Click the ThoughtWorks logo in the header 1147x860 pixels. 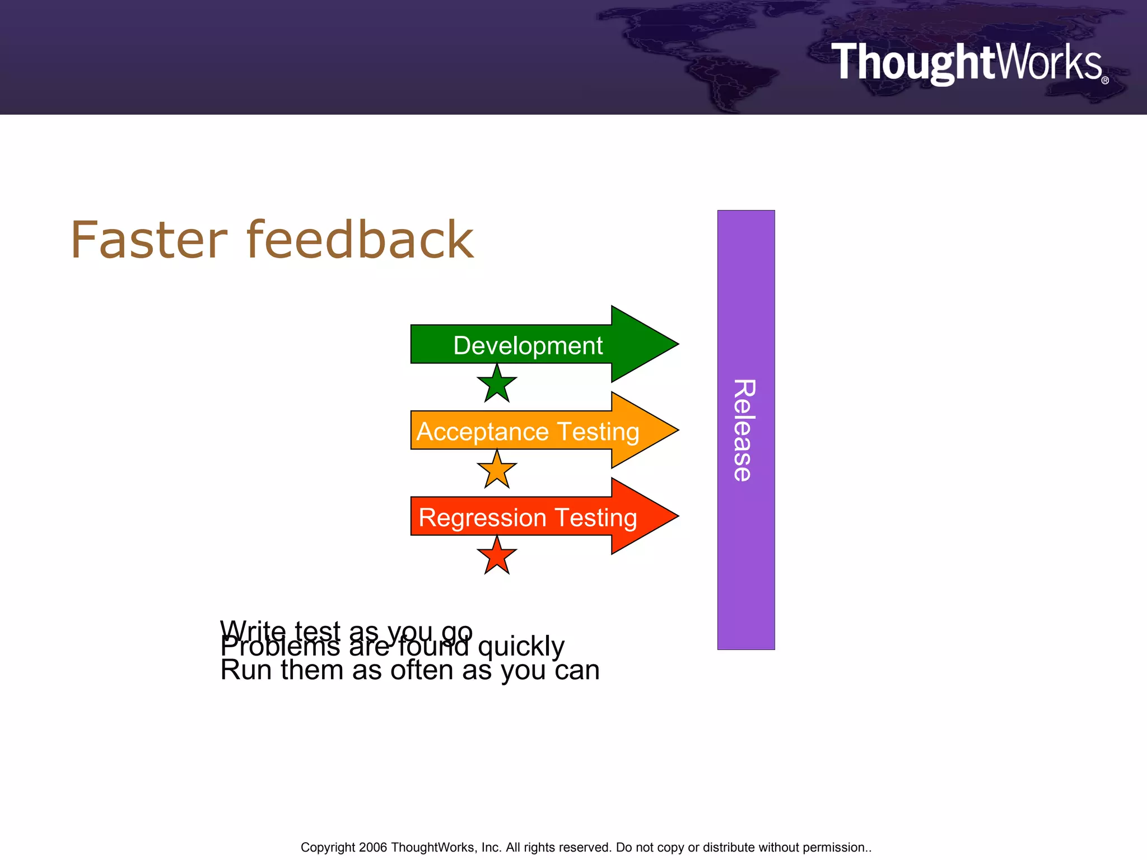pyautogui.click(x=967, y=63)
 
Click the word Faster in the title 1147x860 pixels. pyautogui.click(x=149, y=241)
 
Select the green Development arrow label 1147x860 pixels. pyautogui.click(x=528, y=345)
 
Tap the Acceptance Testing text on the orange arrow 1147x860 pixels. pyautogui.click(x=528, y=432)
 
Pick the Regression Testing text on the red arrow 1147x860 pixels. pyautogui.click(x=528, y=517)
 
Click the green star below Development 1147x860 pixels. pyautogui.click(x=497, y=385)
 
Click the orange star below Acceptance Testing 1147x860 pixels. pyautogui.click(x=497, y=470)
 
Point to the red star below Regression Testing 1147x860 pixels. pyautogui.click(x=497, y=557)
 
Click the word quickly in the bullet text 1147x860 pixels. pyautogui.click(x=521, y=647)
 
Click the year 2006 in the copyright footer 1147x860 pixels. pyautogui.click(x=372, y=847)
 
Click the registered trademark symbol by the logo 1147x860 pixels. pyautogui.click(x=1105, y=81)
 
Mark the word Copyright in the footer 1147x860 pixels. pyautogui.click(x=328, y=847)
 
